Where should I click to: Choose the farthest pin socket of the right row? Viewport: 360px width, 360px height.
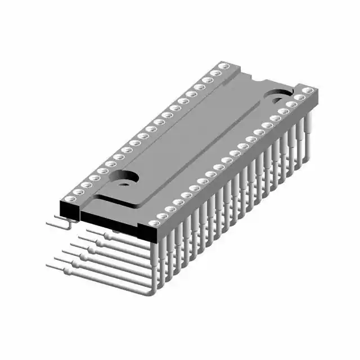[x=307, y=90]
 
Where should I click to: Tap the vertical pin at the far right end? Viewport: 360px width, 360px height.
[x=307, y=135]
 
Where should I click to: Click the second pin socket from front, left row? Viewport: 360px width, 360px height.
[x=79, y=190]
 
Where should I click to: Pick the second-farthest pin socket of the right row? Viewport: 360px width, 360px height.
[x=299, y=97]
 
